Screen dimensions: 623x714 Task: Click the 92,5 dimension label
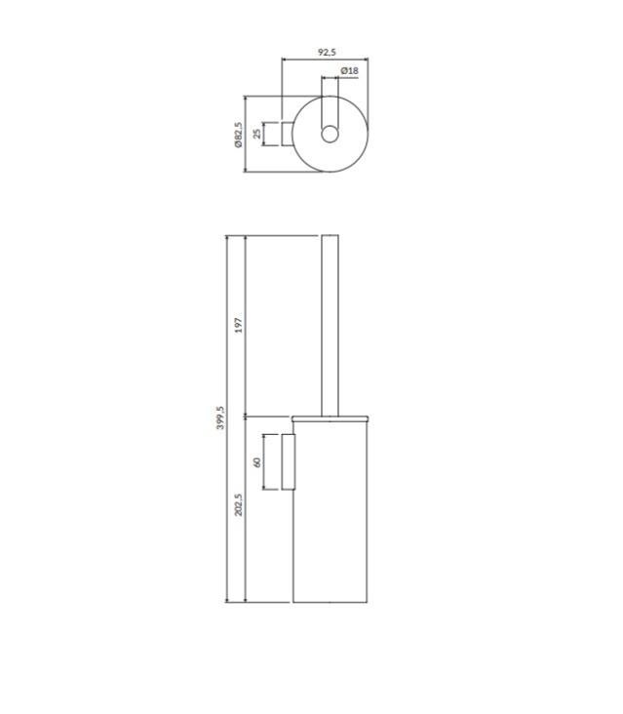pyautogui.click(x=327, y=52)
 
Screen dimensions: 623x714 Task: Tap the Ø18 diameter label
pyautogui.click(x=349, y=71)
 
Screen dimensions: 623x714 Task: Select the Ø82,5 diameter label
pyautogui.click(x=239, y=135)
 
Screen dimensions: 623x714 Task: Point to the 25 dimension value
pyautogui.click(x=257, y=134)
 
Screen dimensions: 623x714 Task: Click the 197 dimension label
pyautogui.click(x=239, y=325)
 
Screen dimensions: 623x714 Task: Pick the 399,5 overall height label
pyautogui.click(x=220, y=417)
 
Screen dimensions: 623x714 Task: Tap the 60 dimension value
pyautogui.click(x=256, y=462)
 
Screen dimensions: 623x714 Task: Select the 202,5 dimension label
pyautogui.click(x=239, y=504)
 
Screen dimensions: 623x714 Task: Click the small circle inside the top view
pyautogui.click(x=330, y=135)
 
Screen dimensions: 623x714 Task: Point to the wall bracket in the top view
pyautogui.click(x=287, y=134)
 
